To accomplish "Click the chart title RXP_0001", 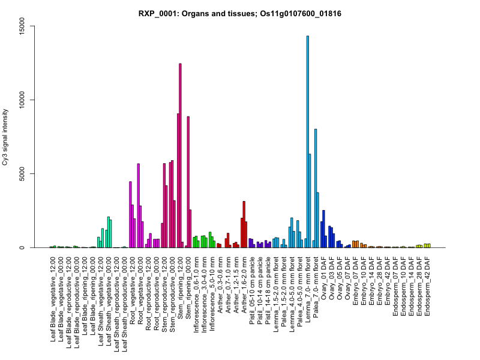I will pyautogui.click(x=239, y=13).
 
